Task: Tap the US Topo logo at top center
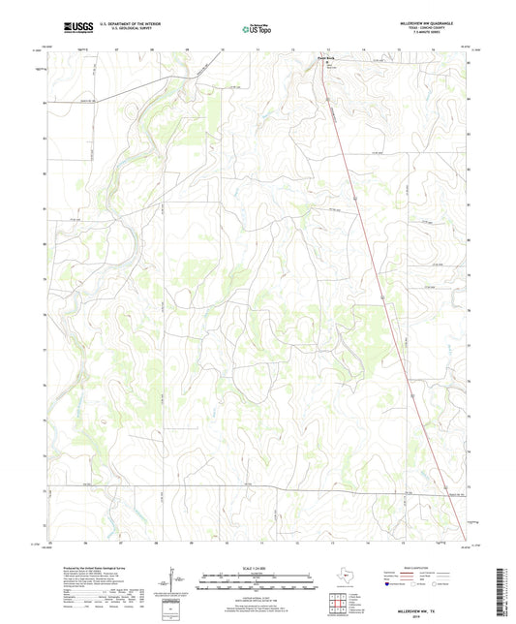(255, 29)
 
